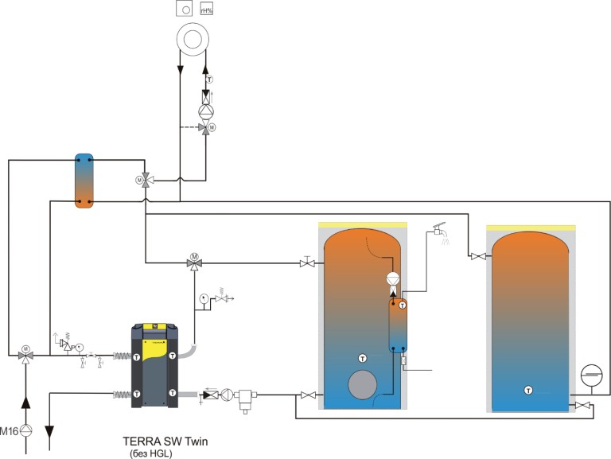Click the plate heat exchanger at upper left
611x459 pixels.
(84, 181)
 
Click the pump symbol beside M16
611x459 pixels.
(27, 431)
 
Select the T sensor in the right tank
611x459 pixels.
(527, 390)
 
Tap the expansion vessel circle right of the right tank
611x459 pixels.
(591, 374)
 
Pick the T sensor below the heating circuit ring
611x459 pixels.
(209, 80)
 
